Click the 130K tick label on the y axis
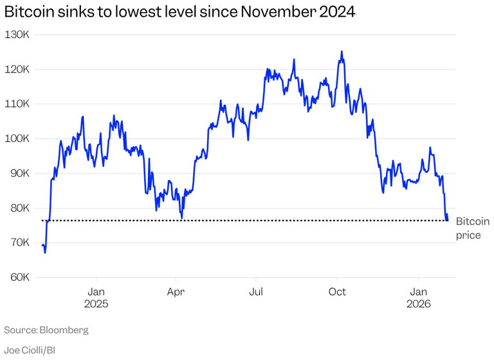pos(17,34)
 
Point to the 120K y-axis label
pos(17,69)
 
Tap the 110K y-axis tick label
pos(17,104)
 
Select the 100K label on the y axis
pos(17,138)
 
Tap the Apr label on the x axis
pos(176,292)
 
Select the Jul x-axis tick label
pos(256,292)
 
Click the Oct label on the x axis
pos(337,292)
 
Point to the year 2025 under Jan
pos(96,304)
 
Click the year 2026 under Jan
pos(419,304)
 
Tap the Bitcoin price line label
pos(472,228)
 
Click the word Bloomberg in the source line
pos(64,330)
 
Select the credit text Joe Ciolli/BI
pos(30,350)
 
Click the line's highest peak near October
pos(342,51)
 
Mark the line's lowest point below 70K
pos(45,253)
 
